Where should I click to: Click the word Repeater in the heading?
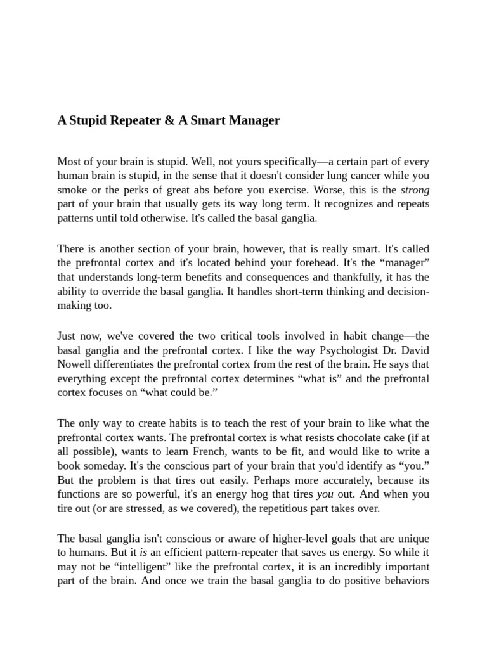[x=130, y=120]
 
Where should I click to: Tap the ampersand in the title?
[x=169, y=120]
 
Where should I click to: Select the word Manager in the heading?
[x=250, y=120]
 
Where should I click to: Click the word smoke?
[x=72, y=190]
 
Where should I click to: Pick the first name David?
[x=415, y=350]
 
